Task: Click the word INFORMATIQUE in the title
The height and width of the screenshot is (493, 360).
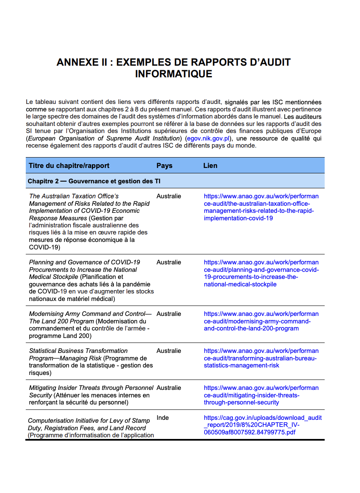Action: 173,74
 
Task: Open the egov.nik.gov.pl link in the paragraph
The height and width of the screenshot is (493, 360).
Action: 208,138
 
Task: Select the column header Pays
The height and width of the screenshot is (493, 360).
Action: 164,165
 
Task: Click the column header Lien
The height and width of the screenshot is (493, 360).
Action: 210,165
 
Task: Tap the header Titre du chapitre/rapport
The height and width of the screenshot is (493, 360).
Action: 69,165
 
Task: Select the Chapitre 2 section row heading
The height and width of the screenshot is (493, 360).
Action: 94,181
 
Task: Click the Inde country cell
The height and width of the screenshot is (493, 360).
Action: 163,418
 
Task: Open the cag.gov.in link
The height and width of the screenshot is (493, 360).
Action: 262,425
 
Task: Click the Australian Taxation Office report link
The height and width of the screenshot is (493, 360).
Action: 261,207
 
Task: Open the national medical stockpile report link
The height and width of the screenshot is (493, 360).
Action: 261,273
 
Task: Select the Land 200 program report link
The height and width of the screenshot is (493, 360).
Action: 261,321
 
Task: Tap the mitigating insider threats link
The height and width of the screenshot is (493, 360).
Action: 261,395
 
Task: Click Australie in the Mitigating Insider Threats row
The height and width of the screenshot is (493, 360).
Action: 168,388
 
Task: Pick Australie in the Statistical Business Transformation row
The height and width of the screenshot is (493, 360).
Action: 168,351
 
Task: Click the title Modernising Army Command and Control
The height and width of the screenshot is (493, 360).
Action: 90,314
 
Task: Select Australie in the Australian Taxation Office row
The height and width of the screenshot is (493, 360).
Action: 168,196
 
